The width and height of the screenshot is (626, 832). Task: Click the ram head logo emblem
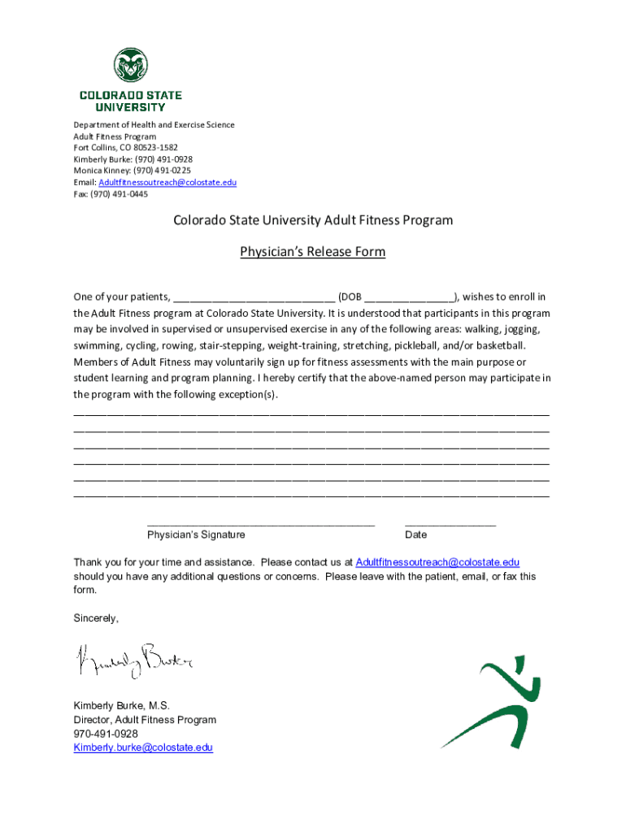pos(131,65)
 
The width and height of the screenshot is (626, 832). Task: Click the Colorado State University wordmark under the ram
pos(131,101)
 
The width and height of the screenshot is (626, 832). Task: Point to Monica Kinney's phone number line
pos(133,171)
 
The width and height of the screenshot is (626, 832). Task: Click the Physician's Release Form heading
pos(312,252)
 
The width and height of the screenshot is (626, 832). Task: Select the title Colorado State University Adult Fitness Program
pos(312,220)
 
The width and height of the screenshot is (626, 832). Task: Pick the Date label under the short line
pos(415,535)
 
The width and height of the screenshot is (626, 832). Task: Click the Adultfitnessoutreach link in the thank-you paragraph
pos(437,562)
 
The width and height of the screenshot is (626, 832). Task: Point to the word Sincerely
pos(96,618)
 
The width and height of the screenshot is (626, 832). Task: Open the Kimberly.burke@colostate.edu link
pos(143,747)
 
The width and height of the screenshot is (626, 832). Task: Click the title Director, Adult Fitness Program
pos(145,720)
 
